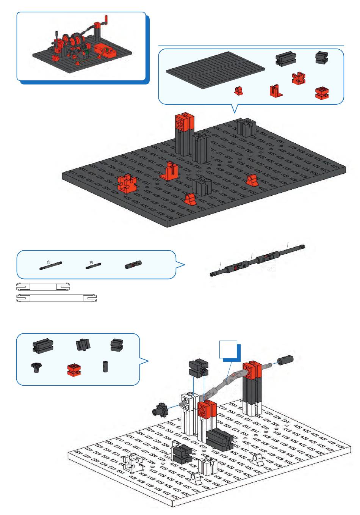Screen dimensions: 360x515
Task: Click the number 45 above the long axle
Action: tap(48, 262)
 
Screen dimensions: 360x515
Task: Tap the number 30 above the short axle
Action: tap(91, 262)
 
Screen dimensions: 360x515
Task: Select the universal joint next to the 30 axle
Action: tap(133, 265)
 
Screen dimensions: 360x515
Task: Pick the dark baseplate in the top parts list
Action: tap(215, 66)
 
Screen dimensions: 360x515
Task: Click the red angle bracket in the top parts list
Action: tap(276, 90)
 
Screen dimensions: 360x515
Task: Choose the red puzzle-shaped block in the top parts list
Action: tap(299, 78)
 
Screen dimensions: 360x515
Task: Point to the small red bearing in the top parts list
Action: tap(239, 91)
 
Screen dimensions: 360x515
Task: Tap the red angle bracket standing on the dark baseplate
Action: tap(169, 171)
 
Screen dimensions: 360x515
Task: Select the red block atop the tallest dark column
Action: tap(184, 122)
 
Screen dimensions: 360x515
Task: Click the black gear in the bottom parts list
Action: tap(36, 367)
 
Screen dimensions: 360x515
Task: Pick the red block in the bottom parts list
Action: tap(74, 369)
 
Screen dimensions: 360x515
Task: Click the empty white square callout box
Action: tap(228, 350)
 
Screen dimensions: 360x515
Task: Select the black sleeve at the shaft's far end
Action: tap(285, 360)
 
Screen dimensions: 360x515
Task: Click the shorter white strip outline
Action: tap(43, 287)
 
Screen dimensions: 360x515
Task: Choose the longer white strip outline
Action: tap(56, 298)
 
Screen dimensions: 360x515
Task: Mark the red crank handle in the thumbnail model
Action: tap(106, 20)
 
